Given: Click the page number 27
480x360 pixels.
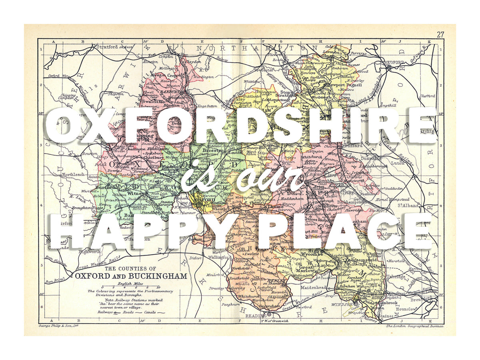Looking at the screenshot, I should pos(440,34).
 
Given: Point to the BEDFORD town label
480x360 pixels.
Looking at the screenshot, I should pos(394,62).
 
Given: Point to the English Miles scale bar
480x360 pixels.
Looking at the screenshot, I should pos(130,287).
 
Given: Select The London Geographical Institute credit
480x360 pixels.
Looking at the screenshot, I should pos(415,326).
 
